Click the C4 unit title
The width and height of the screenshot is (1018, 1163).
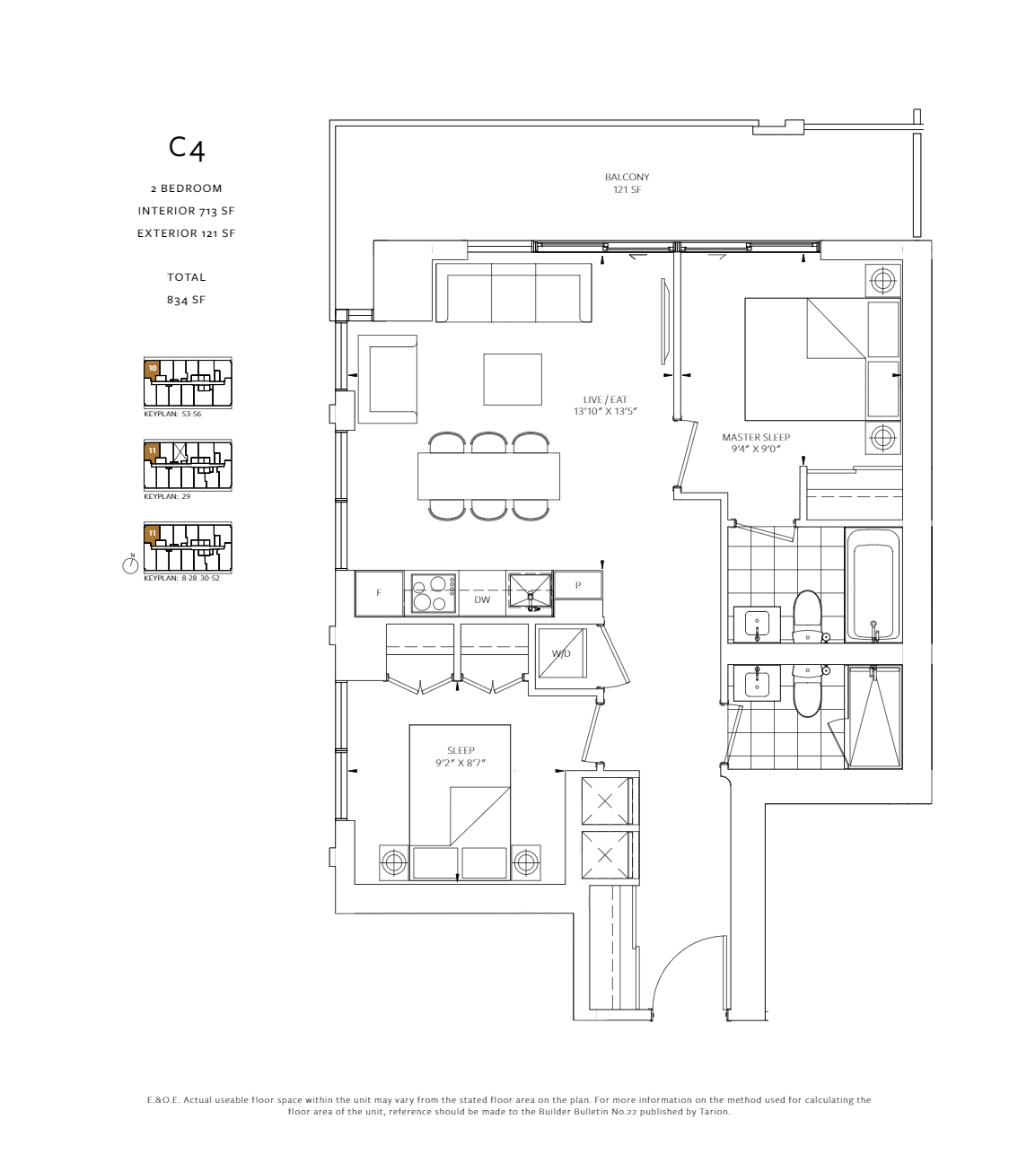coord(187,149)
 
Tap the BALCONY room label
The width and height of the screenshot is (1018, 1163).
coord(627,178)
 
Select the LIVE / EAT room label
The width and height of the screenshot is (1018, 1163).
coord(605,399)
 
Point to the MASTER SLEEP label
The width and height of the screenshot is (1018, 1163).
coord(756,437)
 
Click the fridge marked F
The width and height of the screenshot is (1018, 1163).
coord(380,593)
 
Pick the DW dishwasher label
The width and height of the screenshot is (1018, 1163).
coord(482,599)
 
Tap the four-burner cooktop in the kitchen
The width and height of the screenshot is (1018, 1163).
coord(433,594)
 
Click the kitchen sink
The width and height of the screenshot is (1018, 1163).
coord(530,591)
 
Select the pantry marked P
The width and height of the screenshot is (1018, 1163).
coord(578,585)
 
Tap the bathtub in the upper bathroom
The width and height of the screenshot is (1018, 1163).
coord(873,585)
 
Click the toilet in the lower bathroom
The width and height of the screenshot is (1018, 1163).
coord(808,691)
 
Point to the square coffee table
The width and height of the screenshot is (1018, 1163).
coord(513,379)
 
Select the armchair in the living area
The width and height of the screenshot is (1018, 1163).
coord(387,379)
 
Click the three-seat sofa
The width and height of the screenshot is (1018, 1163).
coord(513,293)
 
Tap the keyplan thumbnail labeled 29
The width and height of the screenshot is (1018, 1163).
coord(188,465)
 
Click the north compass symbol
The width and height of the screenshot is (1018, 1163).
coord(131,564)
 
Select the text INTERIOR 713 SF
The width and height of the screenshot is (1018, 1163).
coord(186,211)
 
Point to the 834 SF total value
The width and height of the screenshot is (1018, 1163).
coord(186,300)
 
